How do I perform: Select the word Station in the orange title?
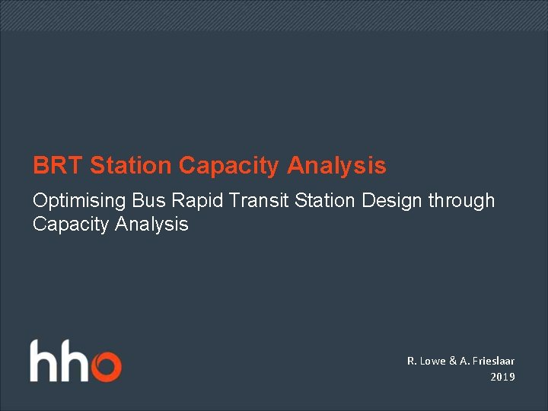pos(131,165)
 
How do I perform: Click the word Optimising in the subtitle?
pos(80,202)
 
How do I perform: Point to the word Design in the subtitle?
pos(373,202)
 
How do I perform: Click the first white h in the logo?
pos(44,361)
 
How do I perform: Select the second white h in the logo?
pos(75,361)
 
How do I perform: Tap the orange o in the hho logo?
pos(106,366)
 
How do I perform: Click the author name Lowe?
pos(434,361)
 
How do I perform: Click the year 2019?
pos(502,377)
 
